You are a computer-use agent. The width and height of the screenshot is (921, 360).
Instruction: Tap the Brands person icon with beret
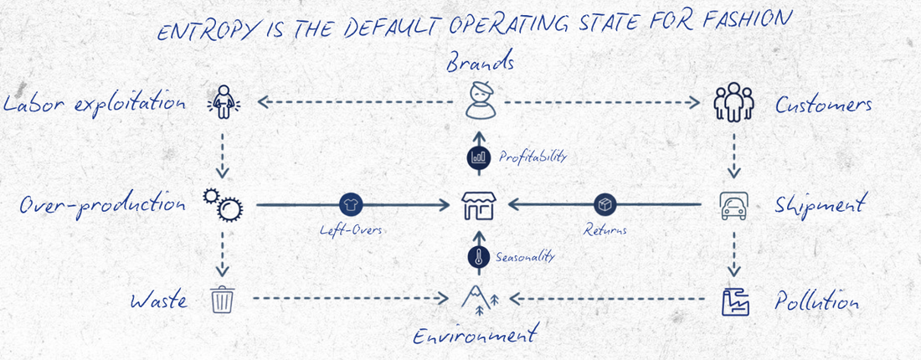[480, 102]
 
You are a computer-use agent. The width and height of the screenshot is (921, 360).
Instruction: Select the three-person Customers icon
[734, 102]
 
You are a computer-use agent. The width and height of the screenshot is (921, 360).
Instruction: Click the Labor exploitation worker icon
[222, 103]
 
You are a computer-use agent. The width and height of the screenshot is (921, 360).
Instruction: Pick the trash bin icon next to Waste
[222, 298]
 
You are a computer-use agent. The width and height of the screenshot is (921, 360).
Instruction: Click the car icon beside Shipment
[734, 205]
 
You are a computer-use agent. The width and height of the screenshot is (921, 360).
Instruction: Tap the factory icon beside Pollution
[734, 301]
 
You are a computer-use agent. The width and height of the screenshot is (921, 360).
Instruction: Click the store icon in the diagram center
[479, 205]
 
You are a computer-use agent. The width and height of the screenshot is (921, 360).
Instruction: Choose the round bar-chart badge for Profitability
[479, 156]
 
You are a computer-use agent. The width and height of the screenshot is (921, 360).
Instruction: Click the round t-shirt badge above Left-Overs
[350, 204]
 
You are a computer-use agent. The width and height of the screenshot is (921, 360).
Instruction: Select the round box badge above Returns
[605, 204]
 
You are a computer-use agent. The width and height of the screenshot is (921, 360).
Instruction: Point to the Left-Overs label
[351, 230]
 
